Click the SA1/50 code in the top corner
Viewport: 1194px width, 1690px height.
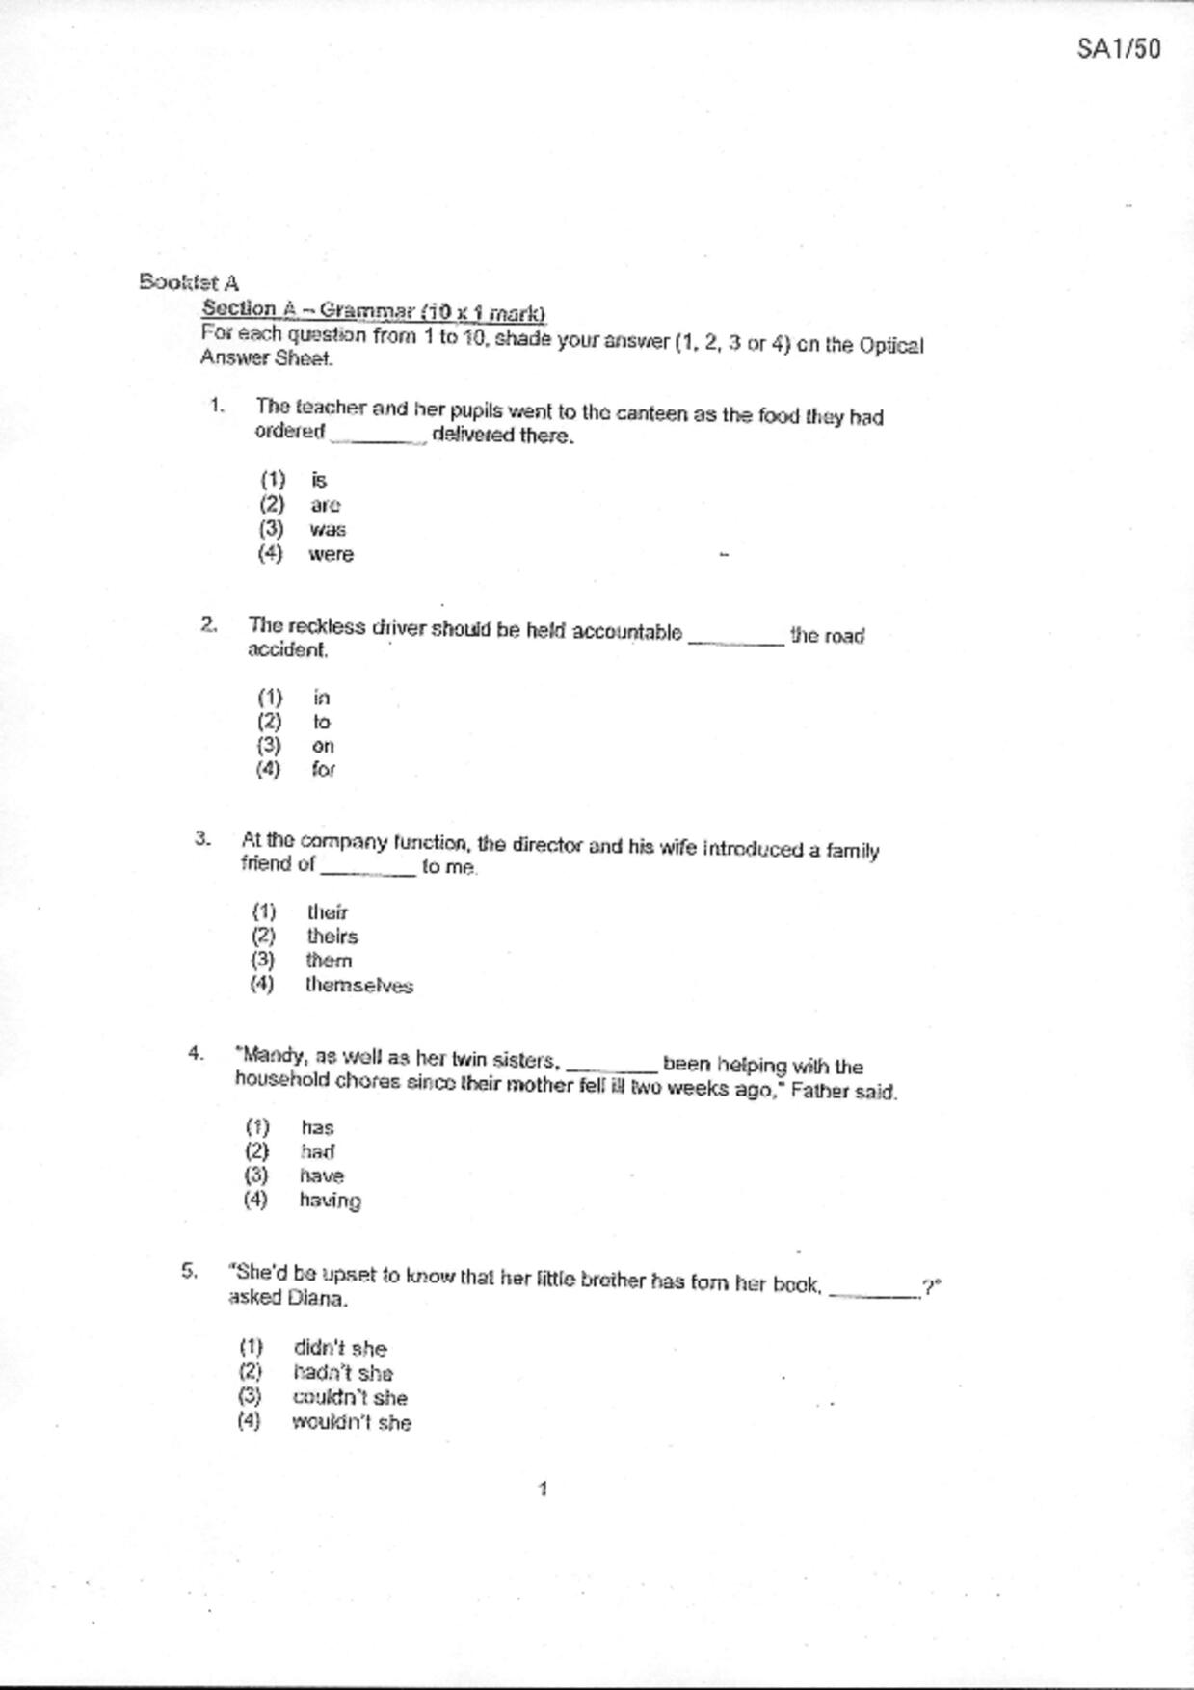[1118, 49]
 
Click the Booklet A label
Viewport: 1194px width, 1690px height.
[189, 282]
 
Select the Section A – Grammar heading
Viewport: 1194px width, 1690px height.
[373, 311]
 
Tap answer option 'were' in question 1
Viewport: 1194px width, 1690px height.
[331, 555]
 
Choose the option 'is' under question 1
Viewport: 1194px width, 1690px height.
[319, 480]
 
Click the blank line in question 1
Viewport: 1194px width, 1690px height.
[377, 438]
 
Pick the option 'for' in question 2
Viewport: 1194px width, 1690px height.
[323, 770]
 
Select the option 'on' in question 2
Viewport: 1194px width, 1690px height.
[323, 746]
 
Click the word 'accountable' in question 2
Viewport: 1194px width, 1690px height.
[626, 633]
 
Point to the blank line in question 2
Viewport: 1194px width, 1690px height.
[736, 641]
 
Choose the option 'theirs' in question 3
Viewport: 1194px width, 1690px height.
[332, 937]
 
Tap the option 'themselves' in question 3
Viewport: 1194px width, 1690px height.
[358, 986]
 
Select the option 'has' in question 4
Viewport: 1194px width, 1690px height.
[317, 1127]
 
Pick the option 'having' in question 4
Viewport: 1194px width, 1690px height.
[330, 1201]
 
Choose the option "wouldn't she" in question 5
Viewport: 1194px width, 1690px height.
[352, 1423]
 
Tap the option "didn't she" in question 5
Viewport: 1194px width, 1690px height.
[339, 1349]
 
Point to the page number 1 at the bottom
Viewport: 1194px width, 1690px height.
[543, 1490]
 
